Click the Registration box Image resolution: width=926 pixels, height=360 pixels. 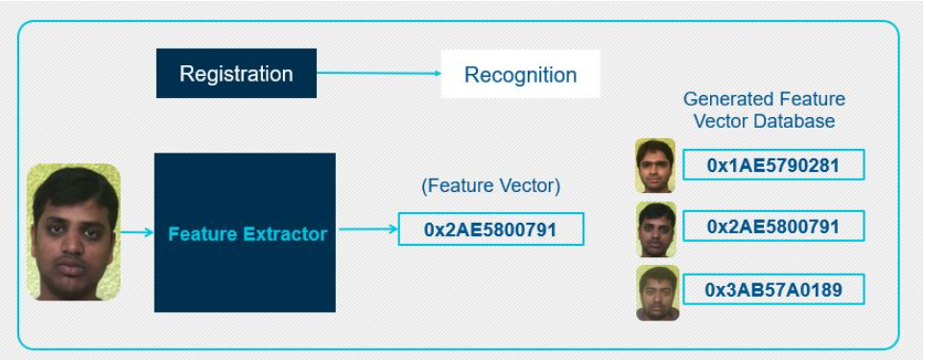[236, 74]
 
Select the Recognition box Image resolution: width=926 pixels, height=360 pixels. [520, 75]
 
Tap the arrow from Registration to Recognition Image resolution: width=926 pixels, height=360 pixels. [378, 74]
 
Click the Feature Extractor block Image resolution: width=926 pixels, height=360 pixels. [245, 232]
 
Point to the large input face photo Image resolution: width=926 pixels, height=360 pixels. [74, 231]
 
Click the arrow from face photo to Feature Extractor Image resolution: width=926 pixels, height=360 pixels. [136, 231]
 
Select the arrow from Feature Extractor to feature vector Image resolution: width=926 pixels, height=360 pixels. [367, 229]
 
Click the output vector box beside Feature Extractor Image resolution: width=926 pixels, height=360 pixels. [490, 229]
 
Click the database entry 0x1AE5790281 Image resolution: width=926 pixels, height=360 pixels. [772, 165]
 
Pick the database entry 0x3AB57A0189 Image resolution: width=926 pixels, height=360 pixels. [772, 289]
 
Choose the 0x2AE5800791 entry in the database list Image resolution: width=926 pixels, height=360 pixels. [772, 227]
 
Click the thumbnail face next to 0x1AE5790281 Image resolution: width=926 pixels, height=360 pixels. [656, 165]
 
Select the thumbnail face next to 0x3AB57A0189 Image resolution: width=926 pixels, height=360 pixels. [656, 293]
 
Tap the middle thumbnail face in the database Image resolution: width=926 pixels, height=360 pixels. [656, 228]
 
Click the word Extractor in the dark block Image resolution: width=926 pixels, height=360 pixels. [286, 233]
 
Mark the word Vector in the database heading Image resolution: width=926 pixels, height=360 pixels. [724, 122]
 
